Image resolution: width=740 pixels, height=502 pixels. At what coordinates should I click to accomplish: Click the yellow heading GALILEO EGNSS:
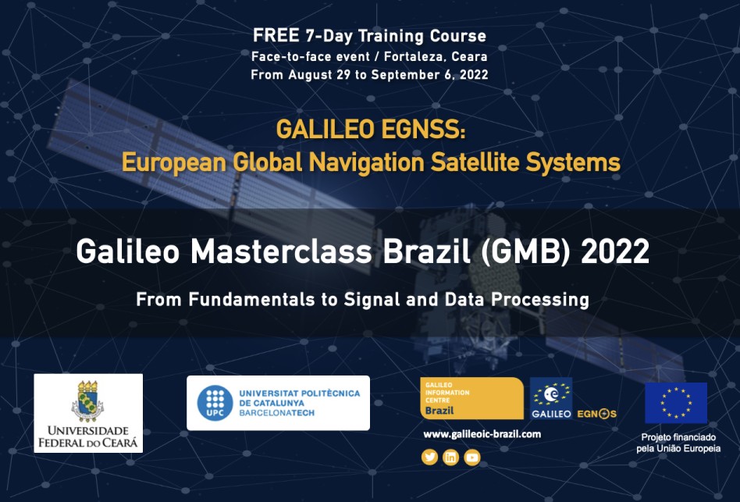(370, 129)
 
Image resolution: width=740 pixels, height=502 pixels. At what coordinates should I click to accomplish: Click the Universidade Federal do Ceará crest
(87, 401)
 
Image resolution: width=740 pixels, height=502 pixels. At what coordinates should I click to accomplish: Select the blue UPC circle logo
(215, 402)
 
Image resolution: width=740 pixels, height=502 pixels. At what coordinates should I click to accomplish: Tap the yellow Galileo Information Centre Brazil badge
(471, 398)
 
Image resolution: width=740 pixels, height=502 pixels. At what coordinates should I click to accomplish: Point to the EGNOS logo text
(597, 413)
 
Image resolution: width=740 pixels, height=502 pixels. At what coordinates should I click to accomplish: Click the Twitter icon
(429, 457)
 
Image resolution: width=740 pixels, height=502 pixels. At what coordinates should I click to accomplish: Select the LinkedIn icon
(450, 457)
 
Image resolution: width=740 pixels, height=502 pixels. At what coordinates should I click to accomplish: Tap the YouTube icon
(471, 457)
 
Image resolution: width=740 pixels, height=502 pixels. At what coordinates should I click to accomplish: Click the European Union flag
(675, 402)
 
